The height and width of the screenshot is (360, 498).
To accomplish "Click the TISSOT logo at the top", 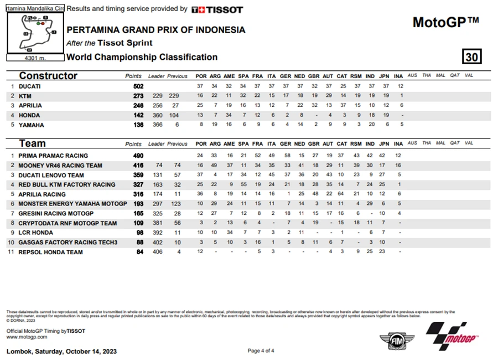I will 217,9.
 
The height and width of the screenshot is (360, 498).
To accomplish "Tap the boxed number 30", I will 472,56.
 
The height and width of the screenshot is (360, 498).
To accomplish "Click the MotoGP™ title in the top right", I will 445,22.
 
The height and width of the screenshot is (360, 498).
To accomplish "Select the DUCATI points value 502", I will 138,86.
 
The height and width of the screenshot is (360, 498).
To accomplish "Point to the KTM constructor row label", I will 25,96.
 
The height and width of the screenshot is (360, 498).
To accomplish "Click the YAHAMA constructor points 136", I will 138,125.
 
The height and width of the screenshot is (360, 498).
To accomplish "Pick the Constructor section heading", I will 48,76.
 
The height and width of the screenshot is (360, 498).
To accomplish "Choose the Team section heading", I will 32,143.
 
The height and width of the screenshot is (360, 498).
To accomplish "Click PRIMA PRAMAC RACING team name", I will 53,156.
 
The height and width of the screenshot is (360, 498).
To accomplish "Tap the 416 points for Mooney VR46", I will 138,165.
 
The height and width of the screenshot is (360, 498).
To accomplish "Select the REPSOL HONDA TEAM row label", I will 50,252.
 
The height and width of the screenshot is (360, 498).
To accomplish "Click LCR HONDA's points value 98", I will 139,233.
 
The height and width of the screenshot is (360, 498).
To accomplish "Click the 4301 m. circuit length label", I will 35,57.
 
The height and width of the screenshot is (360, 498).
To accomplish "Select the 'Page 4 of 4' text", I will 261,351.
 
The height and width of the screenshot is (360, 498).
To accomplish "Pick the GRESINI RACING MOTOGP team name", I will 56,213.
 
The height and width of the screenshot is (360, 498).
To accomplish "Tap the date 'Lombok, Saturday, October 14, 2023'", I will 61,351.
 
